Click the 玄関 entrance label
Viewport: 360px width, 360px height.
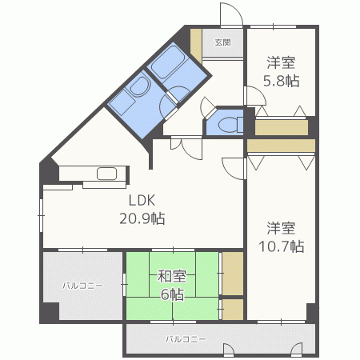(x=222, y=42)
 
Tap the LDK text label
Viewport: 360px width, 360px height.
(x=142, y=200)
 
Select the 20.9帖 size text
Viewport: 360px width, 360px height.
(x=142, y=218)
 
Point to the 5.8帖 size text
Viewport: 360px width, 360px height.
(x=282, y=81)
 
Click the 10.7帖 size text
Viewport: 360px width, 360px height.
(x=282, y=246)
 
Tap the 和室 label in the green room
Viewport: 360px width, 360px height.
(x=172, y=276)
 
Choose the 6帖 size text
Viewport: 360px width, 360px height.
(x=172, y=294)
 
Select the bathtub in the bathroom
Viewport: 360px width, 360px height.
(x=167, y=62)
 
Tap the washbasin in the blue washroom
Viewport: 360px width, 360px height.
(x=139, y=86)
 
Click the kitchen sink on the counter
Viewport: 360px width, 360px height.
(x=106, y=174)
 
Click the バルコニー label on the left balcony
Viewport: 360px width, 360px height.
(x=82, y=286)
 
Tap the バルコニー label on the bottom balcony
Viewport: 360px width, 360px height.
(x=186, y=339)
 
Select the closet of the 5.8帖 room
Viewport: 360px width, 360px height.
(x=282, y=127)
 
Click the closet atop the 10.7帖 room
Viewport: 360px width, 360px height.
(x=282, y=146)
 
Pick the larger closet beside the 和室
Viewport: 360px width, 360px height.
(x=233, y=274)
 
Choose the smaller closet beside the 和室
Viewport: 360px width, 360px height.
(x=233, y=309)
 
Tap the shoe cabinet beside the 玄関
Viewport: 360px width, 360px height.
(x=196, y=46)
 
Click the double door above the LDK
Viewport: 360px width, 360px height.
(x=186, y=148)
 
